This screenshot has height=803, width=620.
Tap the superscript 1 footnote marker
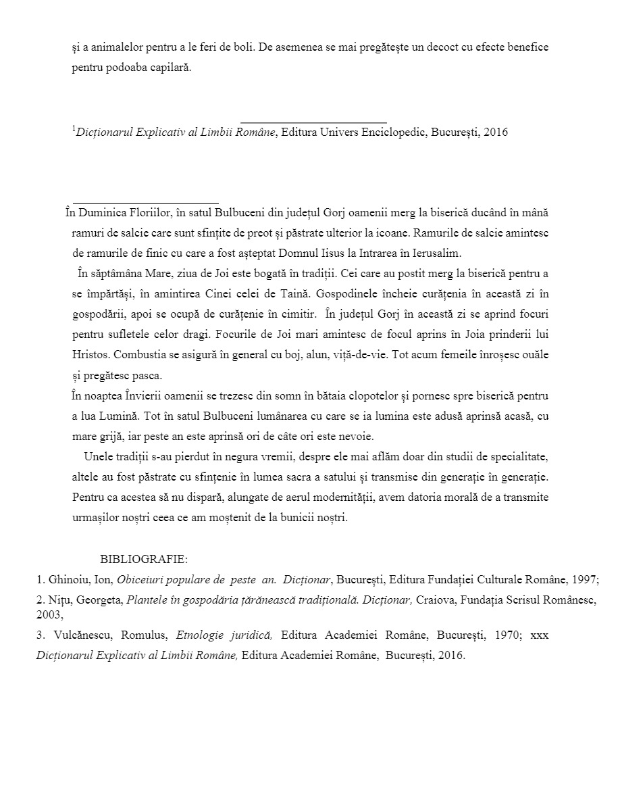[74, 128]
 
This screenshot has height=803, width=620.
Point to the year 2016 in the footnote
[495, 132]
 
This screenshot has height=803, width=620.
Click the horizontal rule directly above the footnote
[313, 122]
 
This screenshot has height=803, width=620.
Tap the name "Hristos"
[88, 354]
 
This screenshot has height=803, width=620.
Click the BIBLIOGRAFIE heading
[144, 560]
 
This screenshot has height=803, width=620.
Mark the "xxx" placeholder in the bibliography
[540, 635]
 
